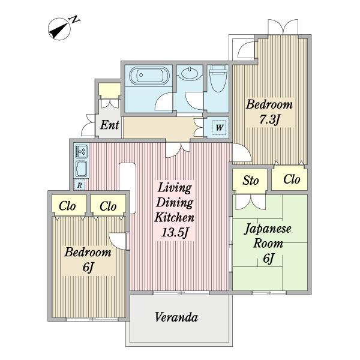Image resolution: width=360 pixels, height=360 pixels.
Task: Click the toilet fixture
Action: point(217,81)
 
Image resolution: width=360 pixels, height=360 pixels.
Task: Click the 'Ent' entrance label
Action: point(109,125)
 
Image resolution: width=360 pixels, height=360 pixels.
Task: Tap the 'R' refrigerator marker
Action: point(79,185)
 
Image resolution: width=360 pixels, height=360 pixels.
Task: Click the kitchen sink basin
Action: point(81,167)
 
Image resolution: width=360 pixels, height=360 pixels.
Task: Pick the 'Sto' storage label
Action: point(250,180)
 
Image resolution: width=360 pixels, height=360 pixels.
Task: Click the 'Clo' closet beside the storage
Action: point(291,179)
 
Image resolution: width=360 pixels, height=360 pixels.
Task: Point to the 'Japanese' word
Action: point(268,229)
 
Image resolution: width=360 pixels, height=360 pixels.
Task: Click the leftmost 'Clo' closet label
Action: point(68,206)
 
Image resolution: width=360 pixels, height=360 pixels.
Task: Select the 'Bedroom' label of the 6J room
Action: point(88,252)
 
